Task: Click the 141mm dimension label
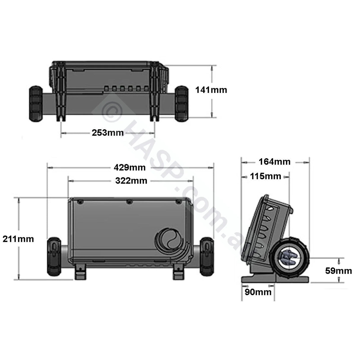[211, 90]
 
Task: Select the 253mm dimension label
[108, 133]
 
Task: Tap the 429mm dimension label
[130, 168]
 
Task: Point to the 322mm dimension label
[131, 180]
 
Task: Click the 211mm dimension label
[18, 239]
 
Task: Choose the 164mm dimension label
[274, 162]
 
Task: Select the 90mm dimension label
[258, 292]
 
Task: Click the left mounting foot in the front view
[79, 272]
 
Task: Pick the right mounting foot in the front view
[179, 272]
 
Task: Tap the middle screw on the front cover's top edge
[129, 202]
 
